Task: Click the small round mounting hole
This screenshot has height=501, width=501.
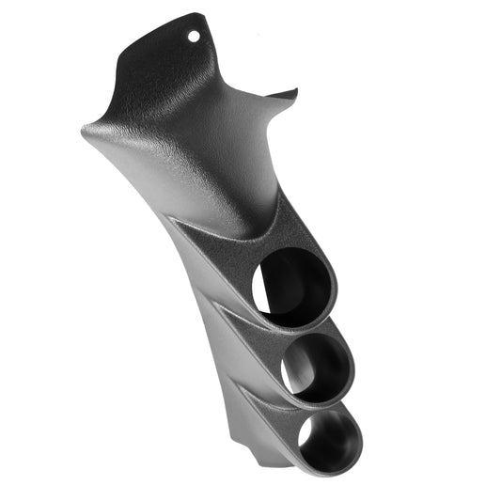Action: [195, 36]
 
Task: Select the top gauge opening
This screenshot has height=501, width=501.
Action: [294, 288]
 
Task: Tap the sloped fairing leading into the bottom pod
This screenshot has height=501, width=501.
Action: [268, 404]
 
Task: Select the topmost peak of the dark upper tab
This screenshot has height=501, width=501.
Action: [199, 14]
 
